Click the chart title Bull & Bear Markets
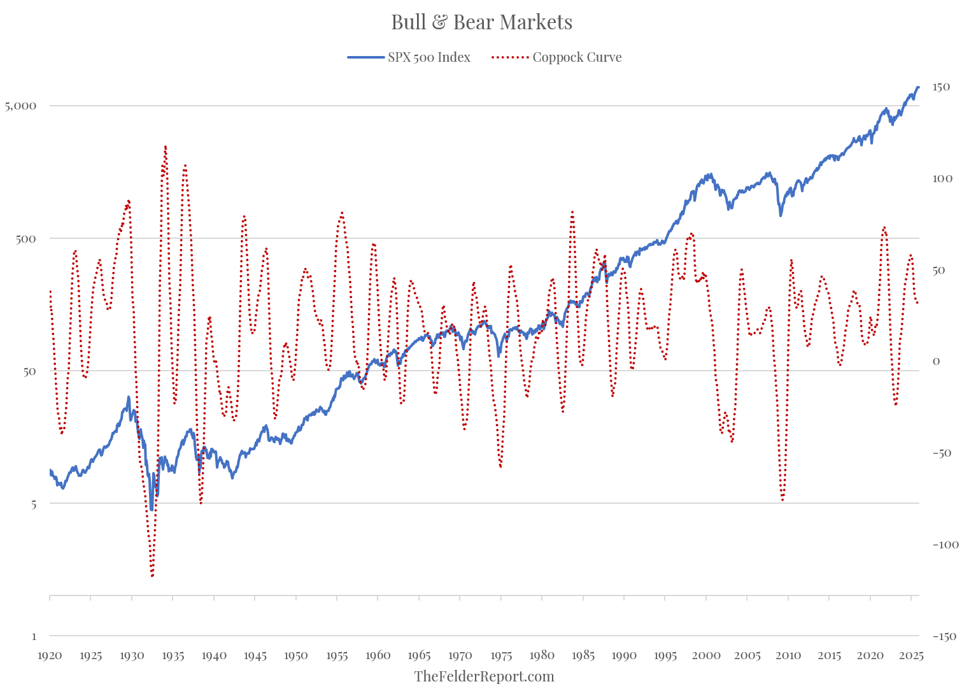tap(481, 22)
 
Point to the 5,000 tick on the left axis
tap(20, 106)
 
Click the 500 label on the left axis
tap(25, 238)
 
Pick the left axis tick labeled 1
tap(34, 636)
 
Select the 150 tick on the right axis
tap(941, 87)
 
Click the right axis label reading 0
tap(936, 361)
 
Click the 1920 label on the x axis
tap(50, 655)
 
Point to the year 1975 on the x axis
tap(501, 655)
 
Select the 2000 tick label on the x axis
tap(706, 655)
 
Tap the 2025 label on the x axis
tap(911, 655)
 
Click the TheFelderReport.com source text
tap(484, 676)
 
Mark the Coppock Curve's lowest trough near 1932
tap(152, 576)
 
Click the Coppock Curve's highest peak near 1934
tap(165, 146)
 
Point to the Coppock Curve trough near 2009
tap(782, 500)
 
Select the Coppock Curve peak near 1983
tap(572, 211)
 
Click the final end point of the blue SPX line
tap(918, 87)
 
